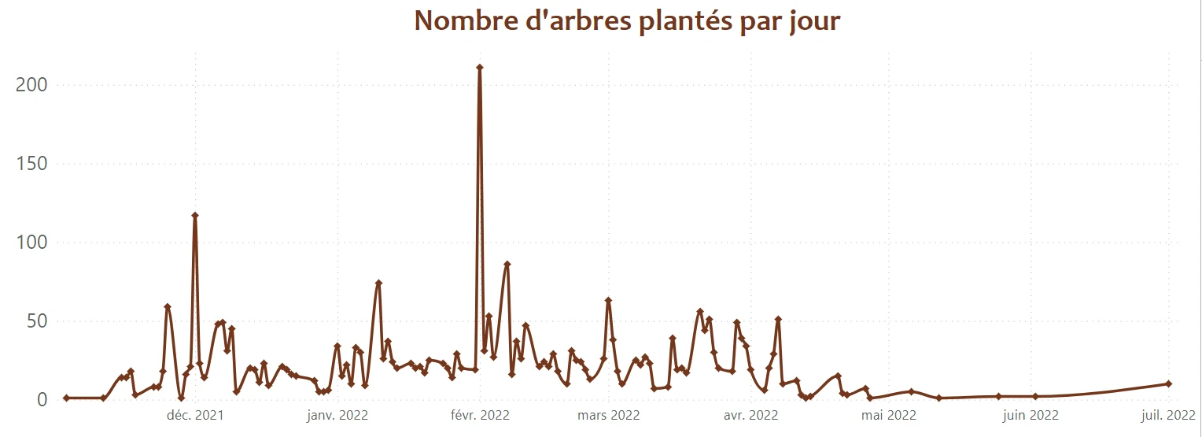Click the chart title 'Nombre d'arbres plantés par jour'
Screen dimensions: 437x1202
(x=628, y=21)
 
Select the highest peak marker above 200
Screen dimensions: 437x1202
(x=479, y=68)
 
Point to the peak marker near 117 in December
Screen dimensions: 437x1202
(x=194, y=216)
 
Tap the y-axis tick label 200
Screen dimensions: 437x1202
(x=31, y=85)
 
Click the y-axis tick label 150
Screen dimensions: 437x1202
(x=31, y=164)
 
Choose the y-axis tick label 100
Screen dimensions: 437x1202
(x=31, y=243)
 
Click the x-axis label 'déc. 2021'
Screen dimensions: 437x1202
(x=194, y=416)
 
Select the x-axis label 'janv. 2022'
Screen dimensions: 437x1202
(x=337, y=416)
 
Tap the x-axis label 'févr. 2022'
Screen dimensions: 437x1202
(x=479, y=416)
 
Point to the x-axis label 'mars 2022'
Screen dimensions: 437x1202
(x=608, y=416)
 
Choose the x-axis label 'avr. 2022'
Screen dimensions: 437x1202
(x=750, y=416)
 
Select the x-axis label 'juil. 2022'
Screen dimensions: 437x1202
(x=1169, y=416)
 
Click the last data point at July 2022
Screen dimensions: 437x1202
(x=1169, y=383)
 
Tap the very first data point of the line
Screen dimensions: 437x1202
(x=66, y=398)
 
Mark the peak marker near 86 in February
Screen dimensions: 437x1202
(x=507, y=265)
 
